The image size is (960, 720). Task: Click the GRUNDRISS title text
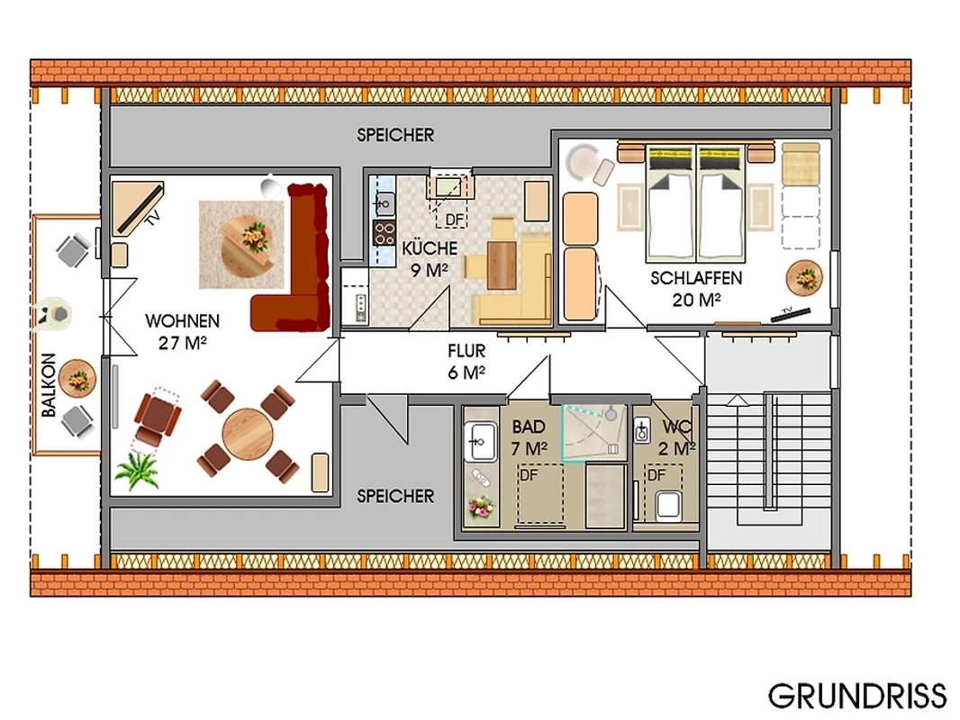pos(857,696)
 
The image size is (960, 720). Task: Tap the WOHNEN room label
pos(182,321)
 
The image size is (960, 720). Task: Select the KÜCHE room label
pos(430,248)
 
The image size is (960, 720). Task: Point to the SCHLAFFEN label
pos(696,278)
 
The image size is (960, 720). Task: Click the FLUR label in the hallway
pos(466,351)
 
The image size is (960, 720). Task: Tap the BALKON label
pos(49,385)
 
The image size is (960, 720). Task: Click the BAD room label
pos(529,427)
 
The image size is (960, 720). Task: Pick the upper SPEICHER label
pos(395,135)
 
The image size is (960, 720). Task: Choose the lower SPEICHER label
pos(395,496)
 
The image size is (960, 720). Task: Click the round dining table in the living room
pos(248,434)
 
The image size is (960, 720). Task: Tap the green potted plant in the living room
pos(136,471)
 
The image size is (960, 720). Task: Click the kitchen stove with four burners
pos(384,233)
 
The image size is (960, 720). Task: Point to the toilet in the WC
pos(668,507)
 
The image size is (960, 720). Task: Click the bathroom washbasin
pos(481,441)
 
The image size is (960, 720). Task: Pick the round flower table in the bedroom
pos(804,278)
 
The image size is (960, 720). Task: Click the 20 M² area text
pos(696,301)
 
